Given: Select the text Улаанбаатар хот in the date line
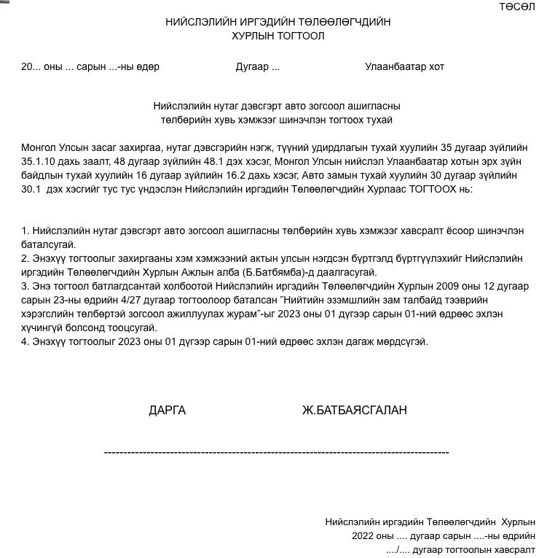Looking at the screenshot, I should (x=404, y=66).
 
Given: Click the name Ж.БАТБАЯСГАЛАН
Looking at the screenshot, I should (x=354, y=410).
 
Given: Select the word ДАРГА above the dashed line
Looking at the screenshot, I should (x=167, y=410).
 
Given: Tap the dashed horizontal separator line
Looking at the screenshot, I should (x=276, y=453).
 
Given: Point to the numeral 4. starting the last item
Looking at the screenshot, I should (x=25, y=341).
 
